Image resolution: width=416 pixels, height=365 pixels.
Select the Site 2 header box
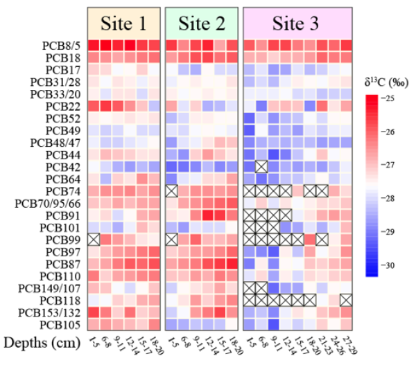coord(202,23)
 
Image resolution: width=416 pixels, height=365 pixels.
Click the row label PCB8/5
coord(61,46)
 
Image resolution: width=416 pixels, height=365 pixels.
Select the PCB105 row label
coord(61,323)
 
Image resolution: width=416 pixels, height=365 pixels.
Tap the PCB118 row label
coord(61,299)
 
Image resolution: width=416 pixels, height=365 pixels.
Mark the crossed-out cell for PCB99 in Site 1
coord(94,239)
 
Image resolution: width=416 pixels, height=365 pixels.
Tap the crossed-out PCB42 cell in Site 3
coord(261,166)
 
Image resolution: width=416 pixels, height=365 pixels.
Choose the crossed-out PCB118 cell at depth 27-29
coord(346,299)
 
